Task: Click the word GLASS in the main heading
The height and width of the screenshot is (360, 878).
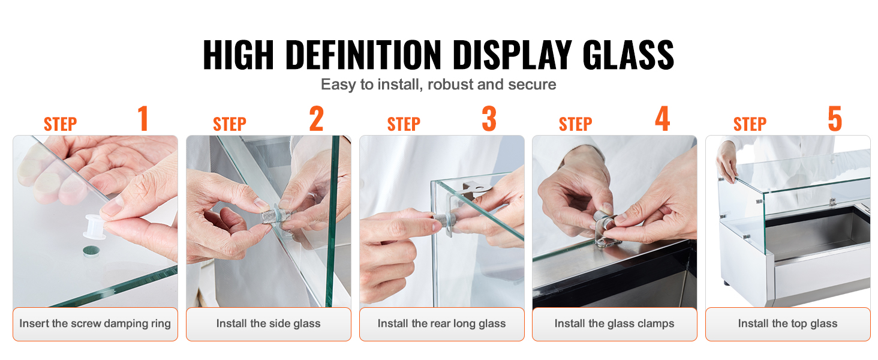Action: point(628,55)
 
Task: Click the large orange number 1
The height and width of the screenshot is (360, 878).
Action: point(143,118)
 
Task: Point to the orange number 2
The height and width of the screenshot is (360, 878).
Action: point(316,118)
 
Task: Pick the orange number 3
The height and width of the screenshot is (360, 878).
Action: point(489,118)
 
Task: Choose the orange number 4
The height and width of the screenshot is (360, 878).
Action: point(663,118)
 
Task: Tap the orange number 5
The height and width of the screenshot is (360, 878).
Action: point(835,118)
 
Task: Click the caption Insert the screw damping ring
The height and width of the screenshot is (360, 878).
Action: point(95,323)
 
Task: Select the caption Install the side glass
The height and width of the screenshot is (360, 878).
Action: point(269,323)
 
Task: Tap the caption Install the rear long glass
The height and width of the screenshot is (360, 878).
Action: point(442,323)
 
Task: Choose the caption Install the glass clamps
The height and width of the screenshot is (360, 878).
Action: point(614,323)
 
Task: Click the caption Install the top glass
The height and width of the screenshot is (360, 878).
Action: point(788,323)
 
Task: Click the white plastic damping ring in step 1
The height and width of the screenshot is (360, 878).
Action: point(95,227)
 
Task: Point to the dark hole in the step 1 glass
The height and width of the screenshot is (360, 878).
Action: point(91,251)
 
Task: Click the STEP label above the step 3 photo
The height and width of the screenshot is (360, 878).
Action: point(404,124)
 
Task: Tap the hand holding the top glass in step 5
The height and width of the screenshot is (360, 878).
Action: point(726,161)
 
